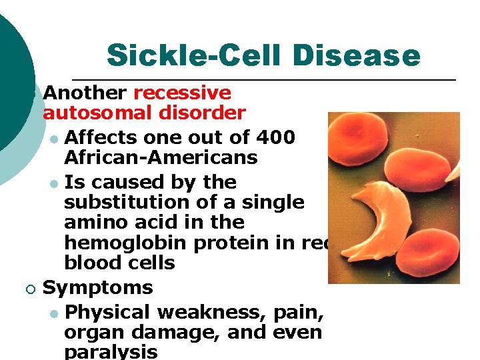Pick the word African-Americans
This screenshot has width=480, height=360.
tap(161, 158)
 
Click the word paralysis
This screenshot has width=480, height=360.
tap(111, 351)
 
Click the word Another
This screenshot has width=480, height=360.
tap(85, 93)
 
